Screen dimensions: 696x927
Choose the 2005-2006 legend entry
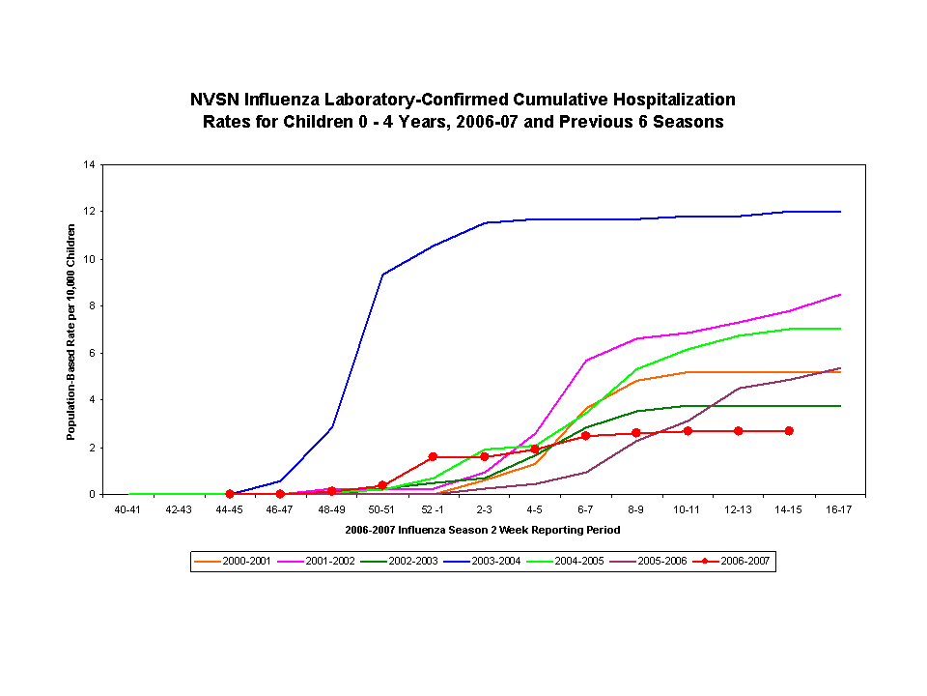coord(658,561)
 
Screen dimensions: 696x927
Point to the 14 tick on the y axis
coord(89,164)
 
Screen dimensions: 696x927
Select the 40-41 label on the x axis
coord(127,508)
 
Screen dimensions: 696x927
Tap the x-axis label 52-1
coord(433,508)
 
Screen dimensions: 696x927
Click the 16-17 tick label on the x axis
coord(840,508)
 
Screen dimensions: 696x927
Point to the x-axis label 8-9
coord(636,508)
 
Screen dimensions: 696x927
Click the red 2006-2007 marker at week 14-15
coord(789,430)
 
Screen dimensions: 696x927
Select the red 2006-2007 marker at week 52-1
coord(433,456)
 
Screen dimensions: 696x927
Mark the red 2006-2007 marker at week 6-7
coord(585,435)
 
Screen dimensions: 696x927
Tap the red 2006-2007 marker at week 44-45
coord(230,494)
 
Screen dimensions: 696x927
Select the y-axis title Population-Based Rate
coord(71,332)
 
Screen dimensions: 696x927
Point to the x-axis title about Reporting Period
coord(482,530)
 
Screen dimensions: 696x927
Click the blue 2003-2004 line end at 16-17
coord(840,211)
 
